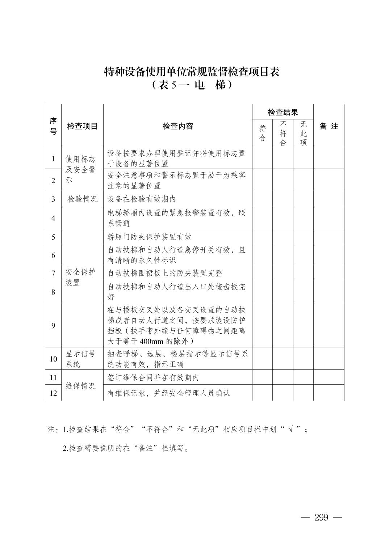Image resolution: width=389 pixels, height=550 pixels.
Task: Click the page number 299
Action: pyautogui.click(x=321, y=517)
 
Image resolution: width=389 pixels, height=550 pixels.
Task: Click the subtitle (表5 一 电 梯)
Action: pyautogui.click(x=192, y=85)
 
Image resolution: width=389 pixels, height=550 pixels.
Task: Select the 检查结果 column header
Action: pyautogui.click(x=283, y=112)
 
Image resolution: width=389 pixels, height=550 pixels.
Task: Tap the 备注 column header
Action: pyautogui.click(x=329, y=126)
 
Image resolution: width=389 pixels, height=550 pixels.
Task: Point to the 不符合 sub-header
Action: pyautogui.click(x=283, y=133)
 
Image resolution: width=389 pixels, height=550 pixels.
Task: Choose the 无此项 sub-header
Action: pyautogui.click(x=303, y=133)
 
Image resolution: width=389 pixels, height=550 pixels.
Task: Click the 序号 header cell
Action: pyautogui.click(x=53, y=126)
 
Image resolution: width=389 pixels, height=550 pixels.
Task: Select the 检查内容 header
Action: pyautogui.click(x=177, y=126)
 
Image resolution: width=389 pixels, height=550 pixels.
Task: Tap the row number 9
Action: pyautogui.click(x=53, y=325)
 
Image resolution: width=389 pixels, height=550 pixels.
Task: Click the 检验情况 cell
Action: pyautogui.click(x=83, y=199)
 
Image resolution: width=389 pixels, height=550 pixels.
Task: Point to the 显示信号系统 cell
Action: pyautogui.click(x=80, y=359)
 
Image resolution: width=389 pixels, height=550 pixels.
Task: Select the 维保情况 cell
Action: pyautogui.click(x=80, y=386)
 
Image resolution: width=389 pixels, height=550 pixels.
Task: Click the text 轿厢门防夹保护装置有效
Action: pyautogui.click(x=150, y=237)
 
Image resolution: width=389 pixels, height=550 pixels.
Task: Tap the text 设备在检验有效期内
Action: pyautogui.click(x=142, y=199)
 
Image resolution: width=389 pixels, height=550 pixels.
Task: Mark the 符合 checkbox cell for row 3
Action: pyautogui.click(x=262, y=199)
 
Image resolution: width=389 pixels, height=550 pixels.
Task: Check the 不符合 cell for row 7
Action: pyautogui.click(x=283, y=273)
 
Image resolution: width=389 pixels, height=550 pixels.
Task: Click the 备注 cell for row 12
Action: pyautogui.click(x=329, y=393)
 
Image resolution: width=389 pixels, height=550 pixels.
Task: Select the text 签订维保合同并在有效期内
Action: pyautogui.click(x=153, y=377)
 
